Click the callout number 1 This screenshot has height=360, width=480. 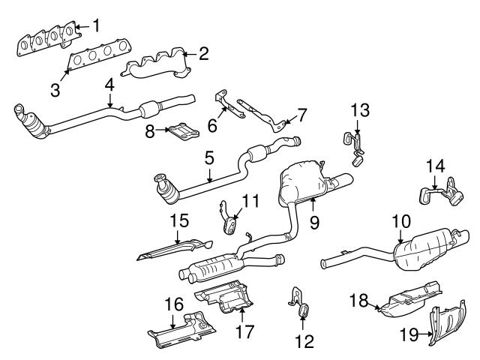click(95, 25)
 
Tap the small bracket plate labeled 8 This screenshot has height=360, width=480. click(181, 132)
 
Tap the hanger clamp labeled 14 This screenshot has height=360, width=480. click(442, 193)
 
